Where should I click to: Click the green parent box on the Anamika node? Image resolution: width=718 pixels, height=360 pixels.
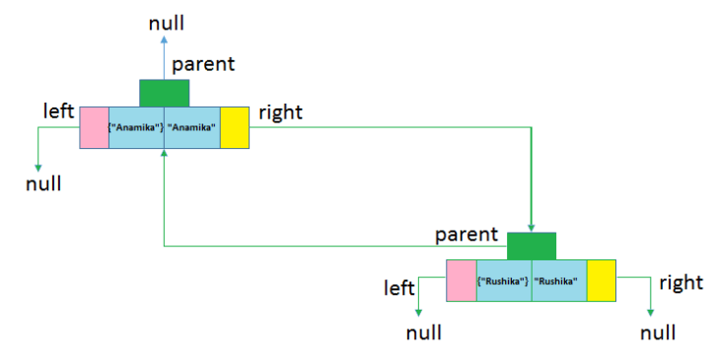tap(164, 93)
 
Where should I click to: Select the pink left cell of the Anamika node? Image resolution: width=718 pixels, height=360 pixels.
tap(94, 128)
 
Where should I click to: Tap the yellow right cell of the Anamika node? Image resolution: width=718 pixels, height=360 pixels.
tap(235, 128)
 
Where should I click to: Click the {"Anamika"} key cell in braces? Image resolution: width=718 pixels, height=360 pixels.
tap(136, 128)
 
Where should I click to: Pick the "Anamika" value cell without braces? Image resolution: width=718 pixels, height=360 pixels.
tap(192, 128)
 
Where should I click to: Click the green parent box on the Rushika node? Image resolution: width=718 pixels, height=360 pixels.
tap(532, 246)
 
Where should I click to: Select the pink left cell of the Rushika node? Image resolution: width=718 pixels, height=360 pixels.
tap(462, 281)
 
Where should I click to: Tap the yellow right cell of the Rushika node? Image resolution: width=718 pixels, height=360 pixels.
tap(602, 281)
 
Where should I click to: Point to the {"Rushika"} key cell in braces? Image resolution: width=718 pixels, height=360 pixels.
tap(504, 281)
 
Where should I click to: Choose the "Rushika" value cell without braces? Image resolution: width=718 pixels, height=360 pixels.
tap(559, 281)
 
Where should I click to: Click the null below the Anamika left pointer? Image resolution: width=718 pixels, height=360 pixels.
tap(43, 183)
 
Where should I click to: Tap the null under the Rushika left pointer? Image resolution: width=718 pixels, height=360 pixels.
tap(424, 332)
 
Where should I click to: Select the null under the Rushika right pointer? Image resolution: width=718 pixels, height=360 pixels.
tap(658, 332)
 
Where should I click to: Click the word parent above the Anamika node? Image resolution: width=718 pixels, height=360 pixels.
tap(204, 65)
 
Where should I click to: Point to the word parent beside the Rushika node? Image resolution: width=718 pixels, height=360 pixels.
tap(467, 235)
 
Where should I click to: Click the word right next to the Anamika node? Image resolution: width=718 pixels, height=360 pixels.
tap(280, 112)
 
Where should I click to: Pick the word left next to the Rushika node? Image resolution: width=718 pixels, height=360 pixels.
tap(399, 287)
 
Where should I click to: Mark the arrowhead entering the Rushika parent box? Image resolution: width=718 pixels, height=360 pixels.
tap(532, 227)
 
